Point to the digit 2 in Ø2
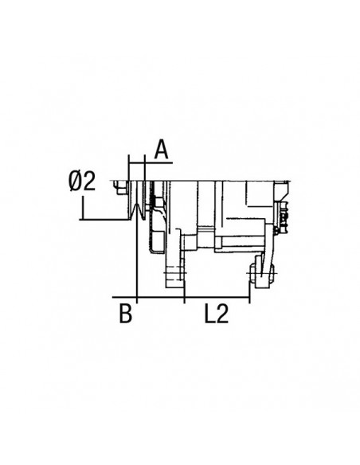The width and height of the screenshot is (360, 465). (x=90, y=182)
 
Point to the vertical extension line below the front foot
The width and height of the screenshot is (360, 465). (x=185, y=293)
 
